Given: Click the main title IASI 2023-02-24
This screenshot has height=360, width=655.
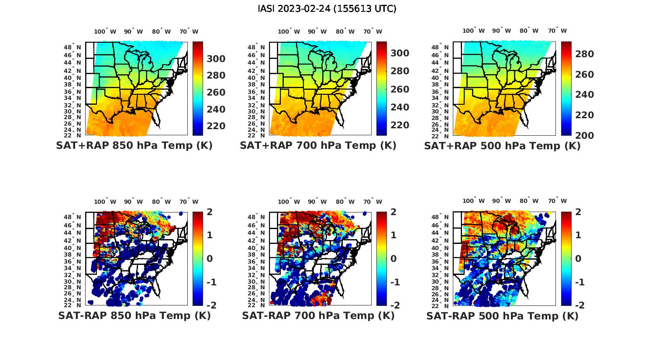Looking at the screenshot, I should click(327, 9).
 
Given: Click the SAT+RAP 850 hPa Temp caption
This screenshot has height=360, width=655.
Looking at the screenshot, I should click(134, 146).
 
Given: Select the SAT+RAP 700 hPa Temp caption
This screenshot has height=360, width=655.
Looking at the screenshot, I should click(318, 146).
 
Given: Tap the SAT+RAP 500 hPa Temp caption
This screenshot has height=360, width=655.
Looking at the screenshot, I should click(502, 146).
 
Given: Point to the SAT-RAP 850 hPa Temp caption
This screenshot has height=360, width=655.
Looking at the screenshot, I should click(134, 315).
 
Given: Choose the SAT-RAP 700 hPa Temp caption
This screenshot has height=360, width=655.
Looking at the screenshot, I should click(318, 315).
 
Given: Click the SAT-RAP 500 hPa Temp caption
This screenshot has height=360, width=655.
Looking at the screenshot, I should click(502, 316).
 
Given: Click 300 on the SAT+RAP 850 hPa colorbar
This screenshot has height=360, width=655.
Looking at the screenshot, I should click(215, 59).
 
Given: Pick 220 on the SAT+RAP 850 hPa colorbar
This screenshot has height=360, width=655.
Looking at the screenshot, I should click(215, 126).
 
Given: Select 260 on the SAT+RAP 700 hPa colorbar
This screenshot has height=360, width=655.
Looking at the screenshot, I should click(400, 89).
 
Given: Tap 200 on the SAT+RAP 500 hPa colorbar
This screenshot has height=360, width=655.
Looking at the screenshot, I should click(584, 135).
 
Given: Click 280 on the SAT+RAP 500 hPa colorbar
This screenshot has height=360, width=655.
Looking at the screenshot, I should click(584, 54).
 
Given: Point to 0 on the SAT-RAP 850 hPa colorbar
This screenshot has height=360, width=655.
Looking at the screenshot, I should click(210, 259).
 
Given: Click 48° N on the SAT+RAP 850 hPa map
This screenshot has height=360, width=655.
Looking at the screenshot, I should click(73, 47).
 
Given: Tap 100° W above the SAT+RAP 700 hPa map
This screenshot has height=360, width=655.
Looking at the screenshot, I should click(289, 31).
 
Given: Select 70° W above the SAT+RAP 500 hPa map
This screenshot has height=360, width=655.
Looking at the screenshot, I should click(557, 31).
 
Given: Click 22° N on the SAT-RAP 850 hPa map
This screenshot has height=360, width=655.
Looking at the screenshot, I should click(73, 305).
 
